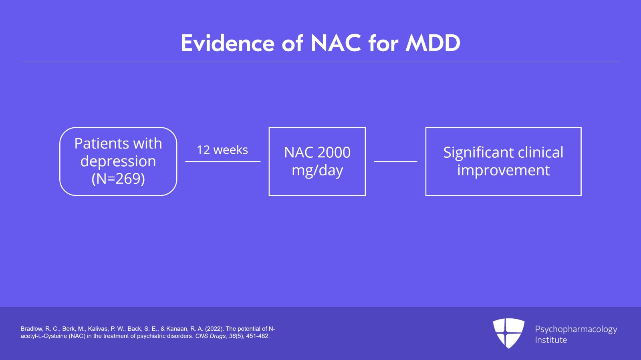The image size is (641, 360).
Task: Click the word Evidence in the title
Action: point(228,43)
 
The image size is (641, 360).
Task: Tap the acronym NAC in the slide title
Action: point(335,43)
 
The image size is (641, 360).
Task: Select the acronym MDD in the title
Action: point(433,43)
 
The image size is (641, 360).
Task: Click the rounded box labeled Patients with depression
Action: point(118,161)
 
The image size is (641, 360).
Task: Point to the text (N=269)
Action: point(118,179)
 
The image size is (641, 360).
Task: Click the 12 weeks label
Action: point(222,150)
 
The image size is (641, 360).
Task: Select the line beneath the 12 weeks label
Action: point(223,161)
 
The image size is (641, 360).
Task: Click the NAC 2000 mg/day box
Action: point(317,161)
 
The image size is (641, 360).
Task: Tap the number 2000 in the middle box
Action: point(334,153)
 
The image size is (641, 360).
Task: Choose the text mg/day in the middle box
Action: point(317,171)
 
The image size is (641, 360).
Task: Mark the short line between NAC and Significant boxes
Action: point(395,161)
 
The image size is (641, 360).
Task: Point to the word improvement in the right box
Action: point(503,170)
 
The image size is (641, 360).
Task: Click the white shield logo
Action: point(508,333)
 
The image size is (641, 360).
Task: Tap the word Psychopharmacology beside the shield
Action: point(576,329)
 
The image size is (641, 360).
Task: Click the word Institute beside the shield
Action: point(551,340)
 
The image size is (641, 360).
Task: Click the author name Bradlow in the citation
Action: point(31,329)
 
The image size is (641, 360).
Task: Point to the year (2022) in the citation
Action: point(214,329)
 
